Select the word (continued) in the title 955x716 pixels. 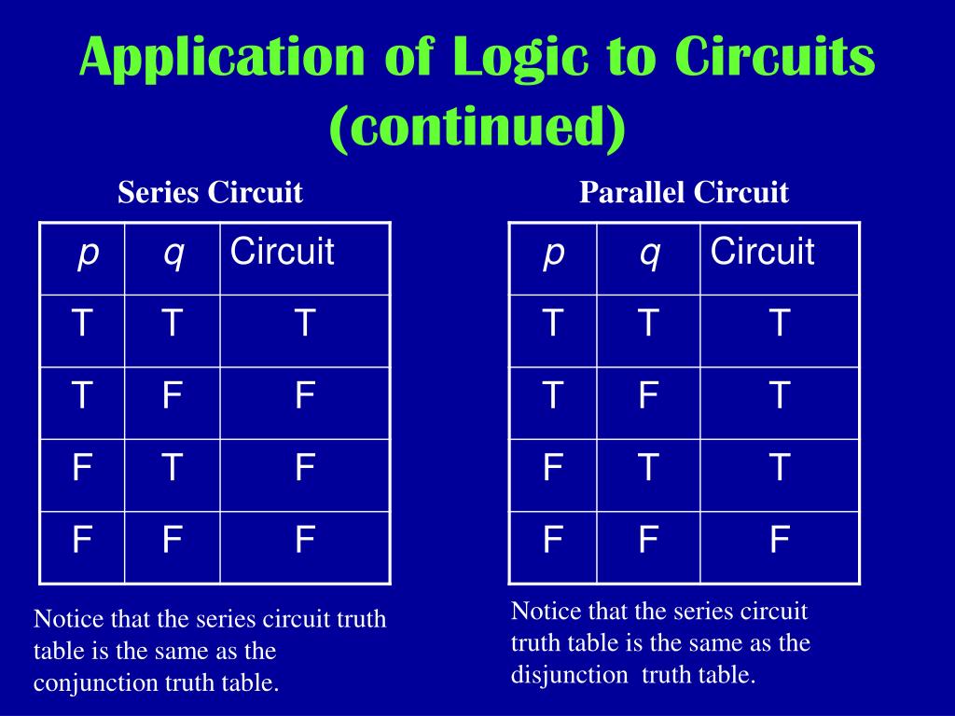477,127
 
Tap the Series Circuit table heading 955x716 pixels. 210,193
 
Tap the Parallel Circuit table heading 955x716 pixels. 684,193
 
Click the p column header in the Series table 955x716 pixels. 88,252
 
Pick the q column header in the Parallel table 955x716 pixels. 649,252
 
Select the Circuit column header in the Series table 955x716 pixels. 282,252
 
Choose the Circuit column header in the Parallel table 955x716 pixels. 762,252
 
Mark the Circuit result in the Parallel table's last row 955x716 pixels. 780,541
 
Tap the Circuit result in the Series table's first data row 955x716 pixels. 304,324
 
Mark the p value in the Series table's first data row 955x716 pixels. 83,324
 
